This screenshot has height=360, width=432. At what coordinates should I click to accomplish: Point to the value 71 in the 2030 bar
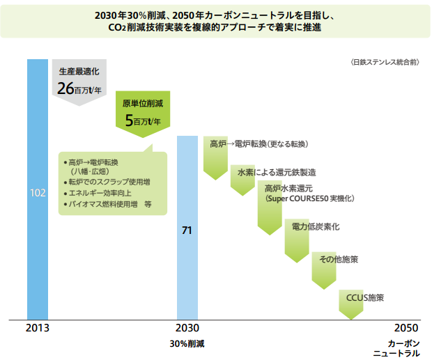pyautogui.click(x=187, y=229)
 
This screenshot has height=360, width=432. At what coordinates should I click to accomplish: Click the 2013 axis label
pyautogui.click(x=38, y=328)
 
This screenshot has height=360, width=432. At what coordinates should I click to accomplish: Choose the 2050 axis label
pyautogui.click(x=406, y=328)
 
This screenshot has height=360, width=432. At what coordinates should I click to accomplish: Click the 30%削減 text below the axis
pyautogui.click(x=187, y=344)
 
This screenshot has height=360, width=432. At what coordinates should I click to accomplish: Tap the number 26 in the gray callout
pyautogui.click(x=65, y=88)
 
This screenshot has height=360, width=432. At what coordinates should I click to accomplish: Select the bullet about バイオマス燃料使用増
pyautogui.click(x=108, y=205)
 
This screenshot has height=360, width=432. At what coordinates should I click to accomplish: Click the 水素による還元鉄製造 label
pyautogui.click(x=277, y=171)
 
